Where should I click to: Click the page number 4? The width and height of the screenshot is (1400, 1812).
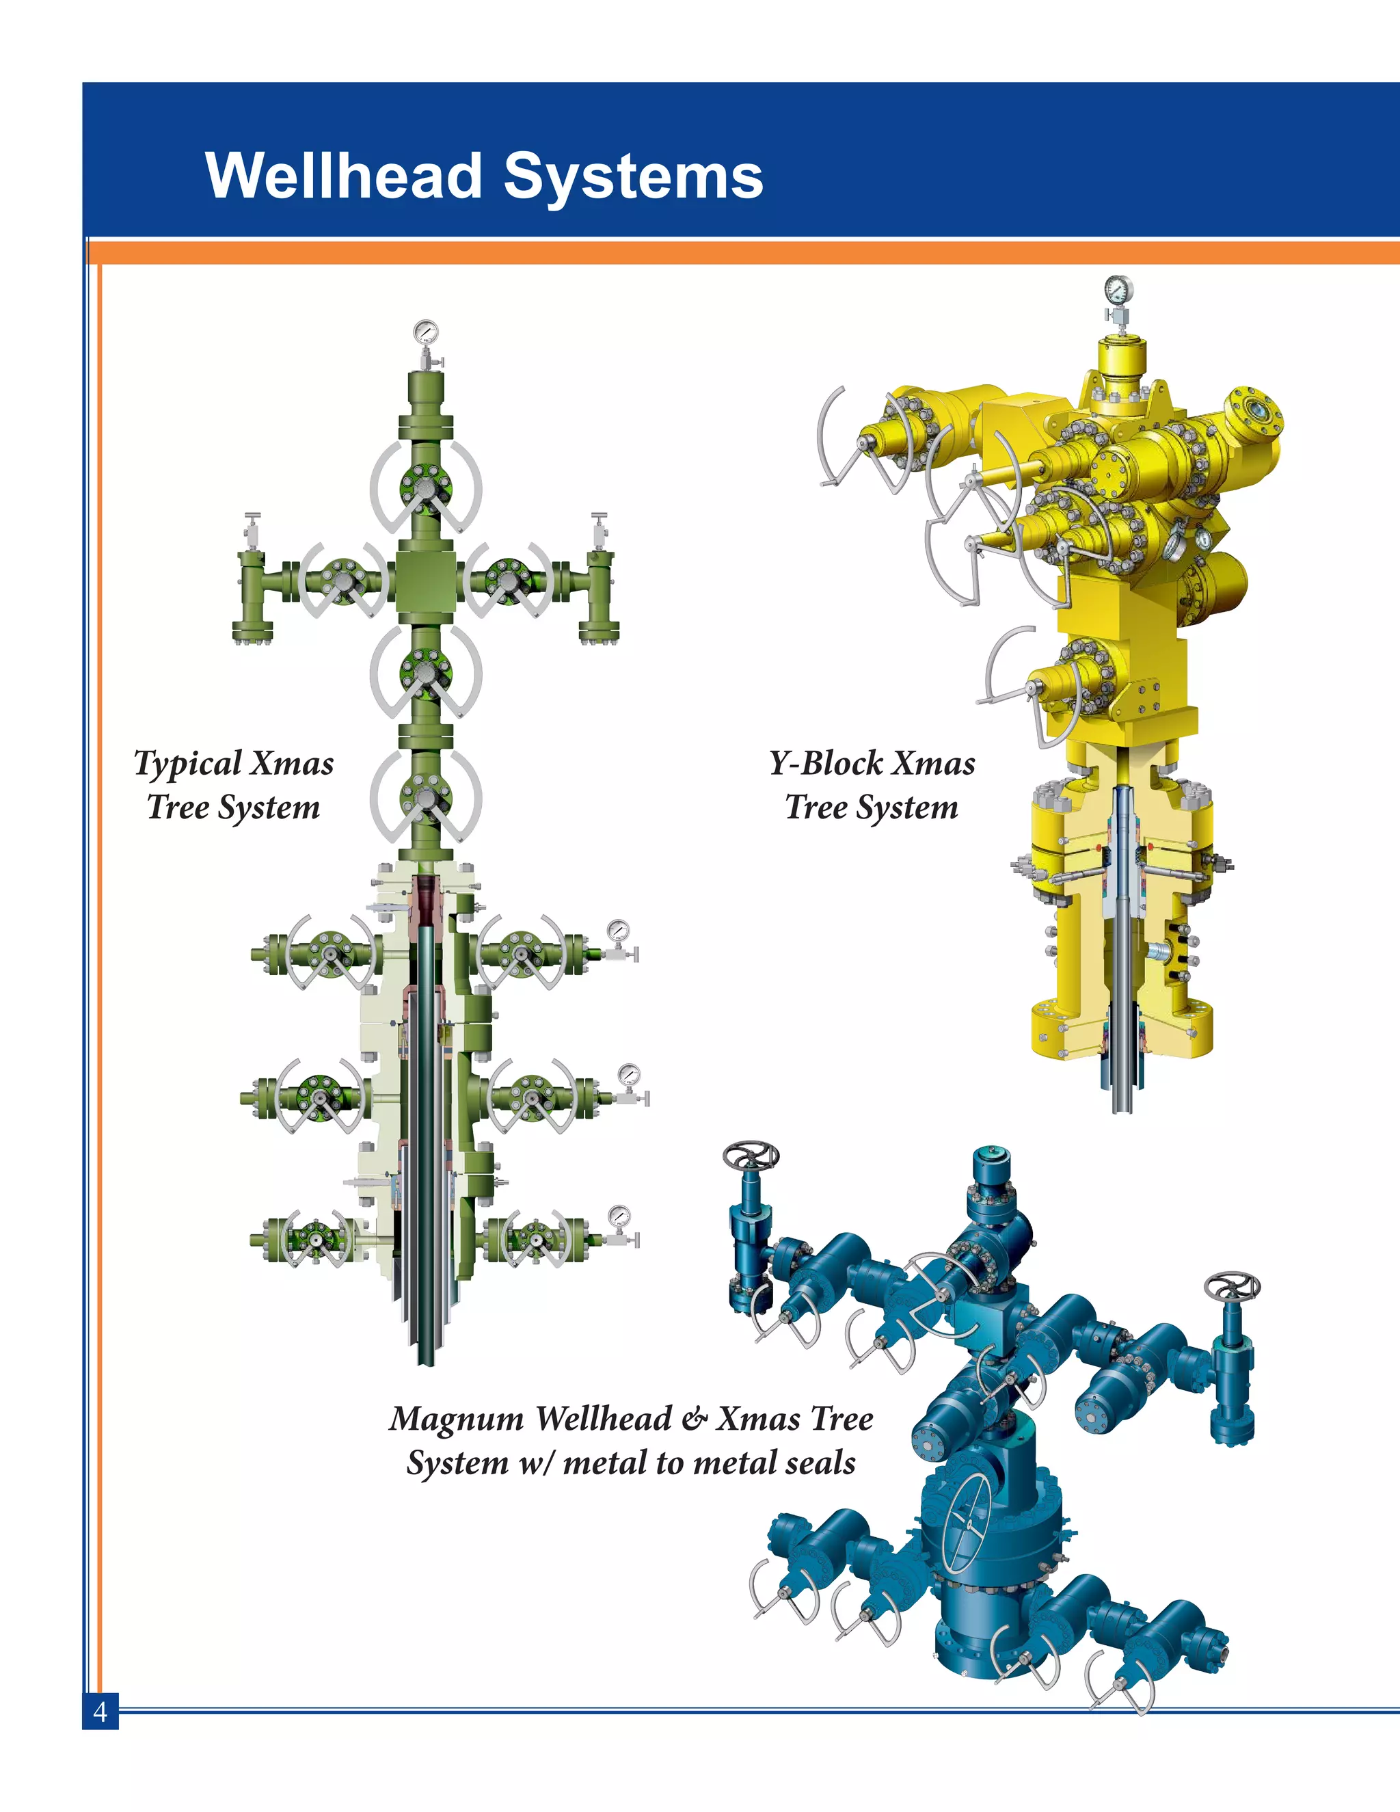point(100,1711)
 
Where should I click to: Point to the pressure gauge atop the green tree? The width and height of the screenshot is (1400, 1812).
point(425,333)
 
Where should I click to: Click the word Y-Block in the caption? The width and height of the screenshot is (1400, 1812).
point(826,763)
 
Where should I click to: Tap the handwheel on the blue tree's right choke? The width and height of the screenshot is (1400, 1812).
point(1233,1288)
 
